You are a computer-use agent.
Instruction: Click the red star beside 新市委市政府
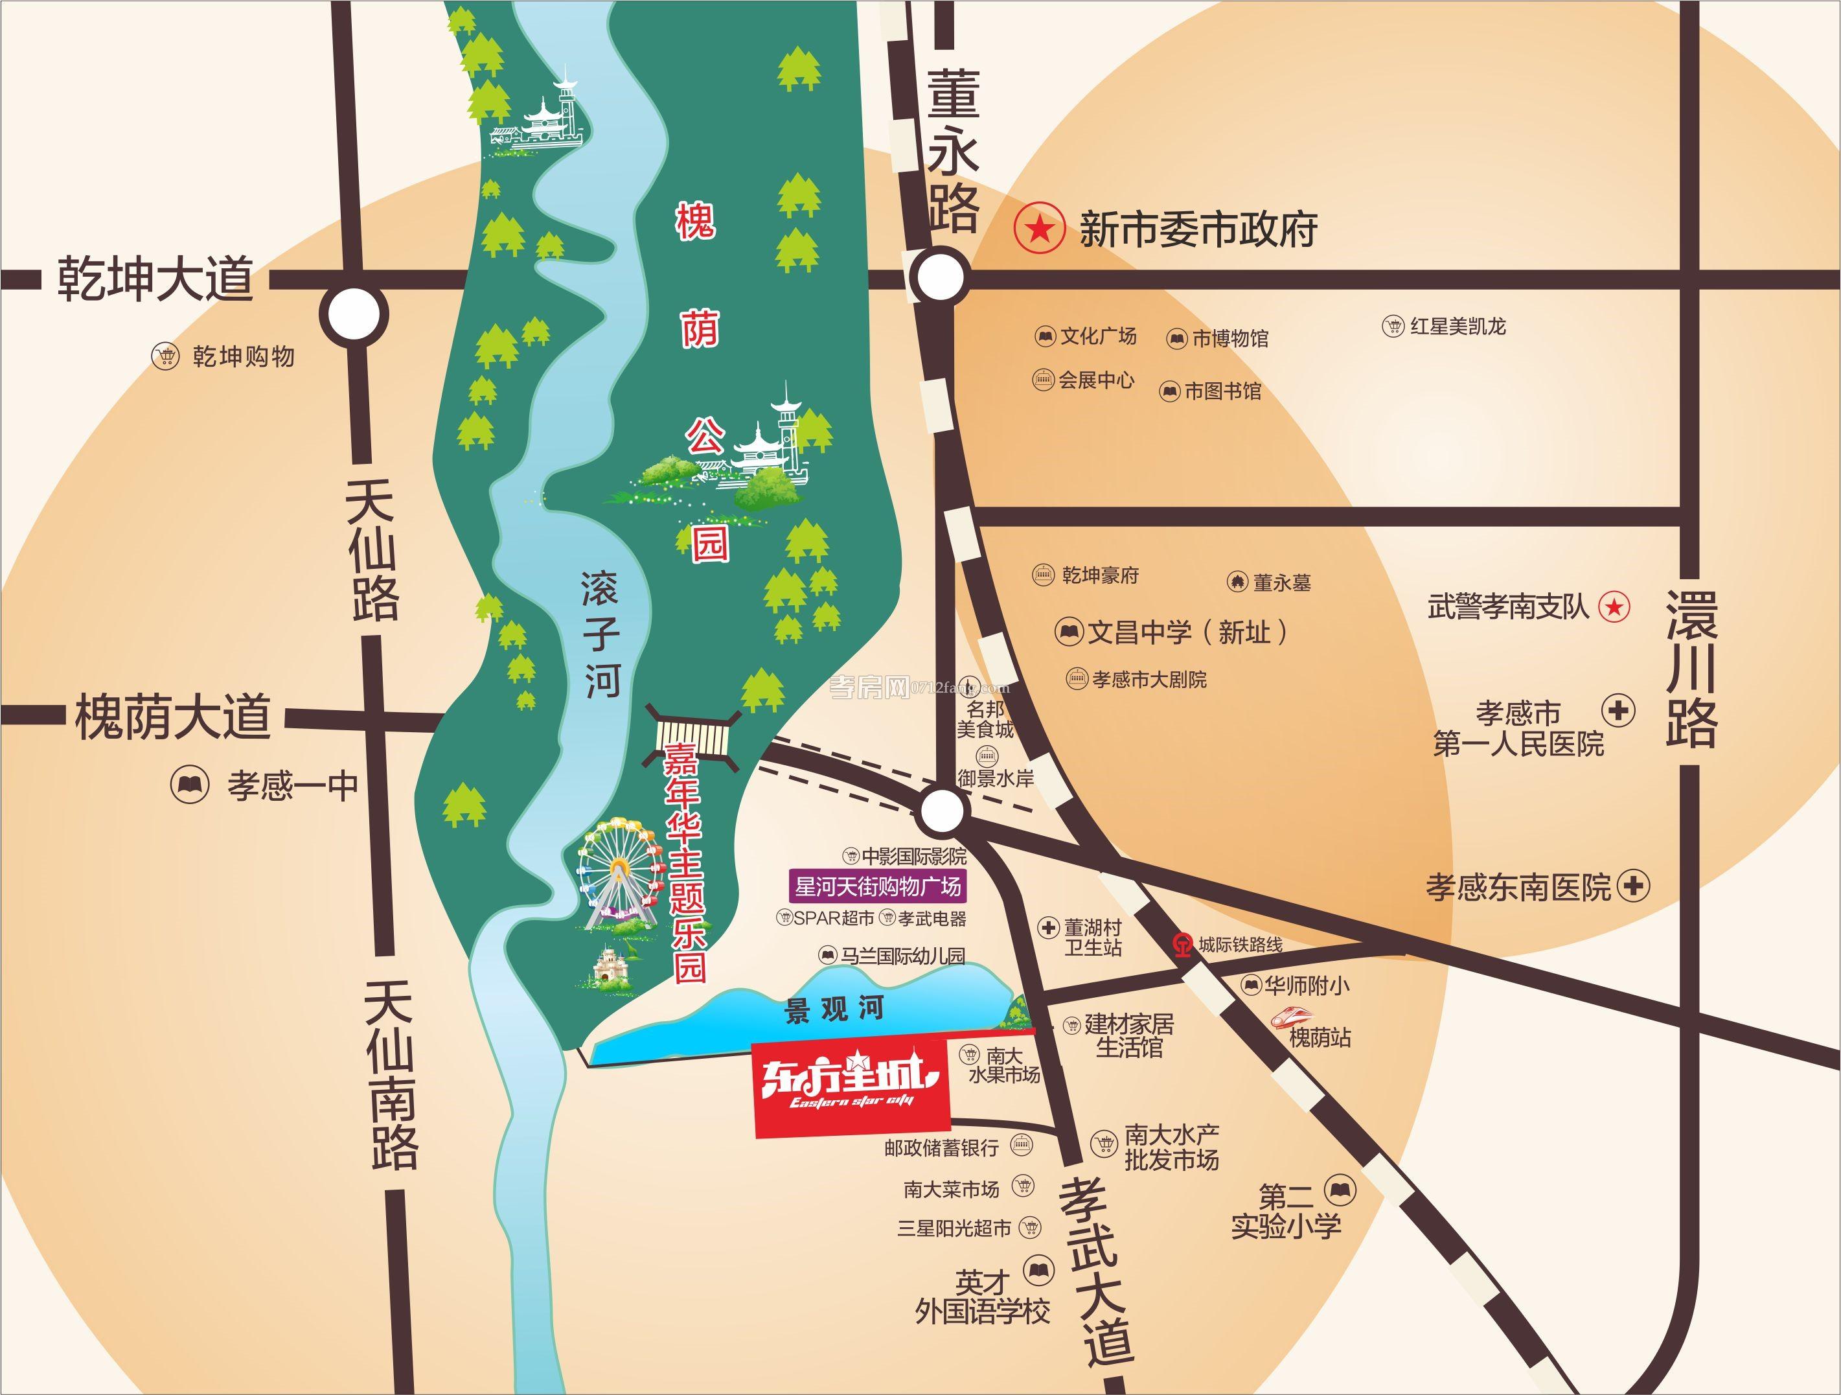tap(1038, 228)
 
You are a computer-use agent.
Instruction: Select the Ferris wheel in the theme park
tap(617, 870)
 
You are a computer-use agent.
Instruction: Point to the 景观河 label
tap(834, 1009)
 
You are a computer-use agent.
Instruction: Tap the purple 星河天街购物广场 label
tap(877, 886)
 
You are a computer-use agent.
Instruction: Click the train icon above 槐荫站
tap(1291, 1015)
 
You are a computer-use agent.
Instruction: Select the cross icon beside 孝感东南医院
tap(1633, 885)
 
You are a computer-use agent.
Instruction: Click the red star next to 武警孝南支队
tap(1615, 606)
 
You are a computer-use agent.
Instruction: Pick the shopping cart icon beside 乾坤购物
tap(166, 356)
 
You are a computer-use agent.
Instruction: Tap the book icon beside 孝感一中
tap(190, 784)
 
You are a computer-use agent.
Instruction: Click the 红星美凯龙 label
tap(1458, 327)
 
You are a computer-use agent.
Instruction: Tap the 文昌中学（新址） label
tap(1187, 632)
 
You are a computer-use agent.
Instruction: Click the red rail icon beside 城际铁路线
tap(1182, 944)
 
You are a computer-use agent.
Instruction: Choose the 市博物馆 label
tap(1230, 338)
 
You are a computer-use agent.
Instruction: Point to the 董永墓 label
tap(1282, 582)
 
